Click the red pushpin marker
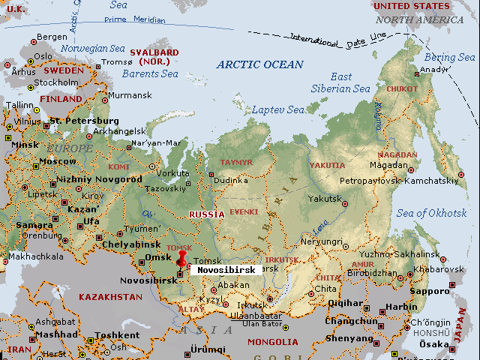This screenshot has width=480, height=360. coord(180,259)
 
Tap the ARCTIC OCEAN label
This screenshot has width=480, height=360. coord(259,64)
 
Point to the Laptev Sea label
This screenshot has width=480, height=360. coord(277,109)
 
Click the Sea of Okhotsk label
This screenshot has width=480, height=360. coord(431,213)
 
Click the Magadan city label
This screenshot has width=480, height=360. coord(388,165)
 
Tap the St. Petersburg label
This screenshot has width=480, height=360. coord(83,121)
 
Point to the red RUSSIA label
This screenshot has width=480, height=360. coord(206,214)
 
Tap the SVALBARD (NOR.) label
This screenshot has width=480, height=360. coord(154,57)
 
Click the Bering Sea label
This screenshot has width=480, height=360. coord(450,57)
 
